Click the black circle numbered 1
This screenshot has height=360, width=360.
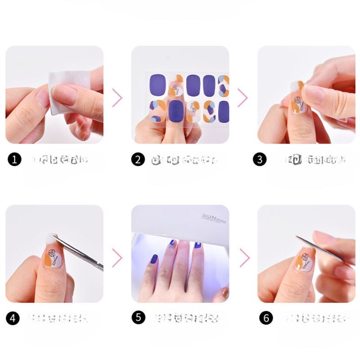(x=15, y=159)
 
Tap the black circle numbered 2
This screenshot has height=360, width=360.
(x=138, y=159)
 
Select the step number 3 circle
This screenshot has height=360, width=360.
(x=260, y=159)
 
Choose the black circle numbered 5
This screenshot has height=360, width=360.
(x=138, y=317)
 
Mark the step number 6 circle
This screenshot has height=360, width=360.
(x=266, y=318)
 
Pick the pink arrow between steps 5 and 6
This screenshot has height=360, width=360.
(x=244, y=258)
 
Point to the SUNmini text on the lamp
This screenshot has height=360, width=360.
(x=211, y=217)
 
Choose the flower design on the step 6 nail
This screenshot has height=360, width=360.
(x=306, y=260)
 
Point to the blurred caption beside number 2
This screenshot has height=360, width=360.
(x=184, y=159)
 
